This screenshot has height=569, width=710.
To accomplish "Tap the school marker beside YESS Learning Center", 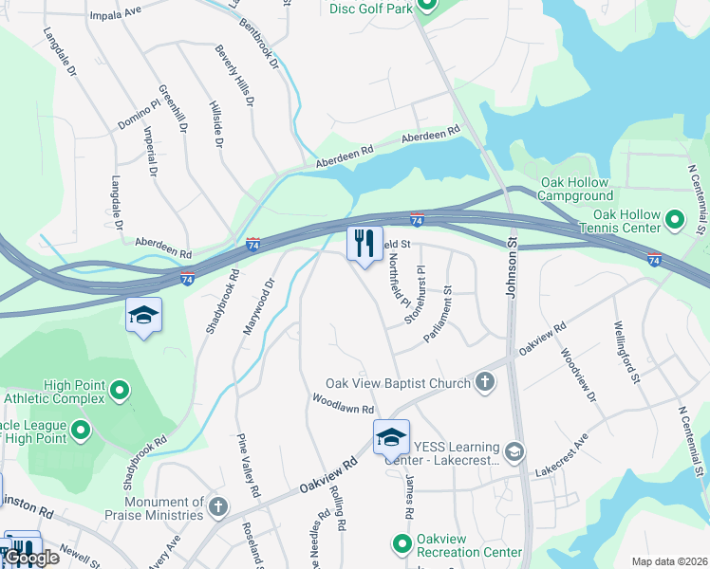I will click(390, 437).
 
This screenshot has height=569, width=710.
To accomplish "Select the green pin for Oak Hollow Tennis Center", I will click(675, 220).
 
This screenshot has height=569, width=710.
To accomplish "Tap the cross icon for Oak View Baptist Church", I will click(484, 382).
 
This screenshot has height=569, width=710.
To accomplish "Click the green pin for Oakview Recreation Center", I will click(402, 543).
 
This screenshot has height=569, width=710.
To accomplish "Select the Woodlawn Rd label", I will click(344, 403).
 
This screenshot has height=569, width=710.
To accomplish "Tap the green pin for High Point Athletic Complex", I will click(120, 390).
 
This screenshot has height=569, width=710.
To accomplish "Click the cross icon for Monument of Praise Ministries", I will click(219, 507).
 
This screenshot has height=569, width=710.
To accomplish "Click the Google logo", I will click(32, 558).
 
